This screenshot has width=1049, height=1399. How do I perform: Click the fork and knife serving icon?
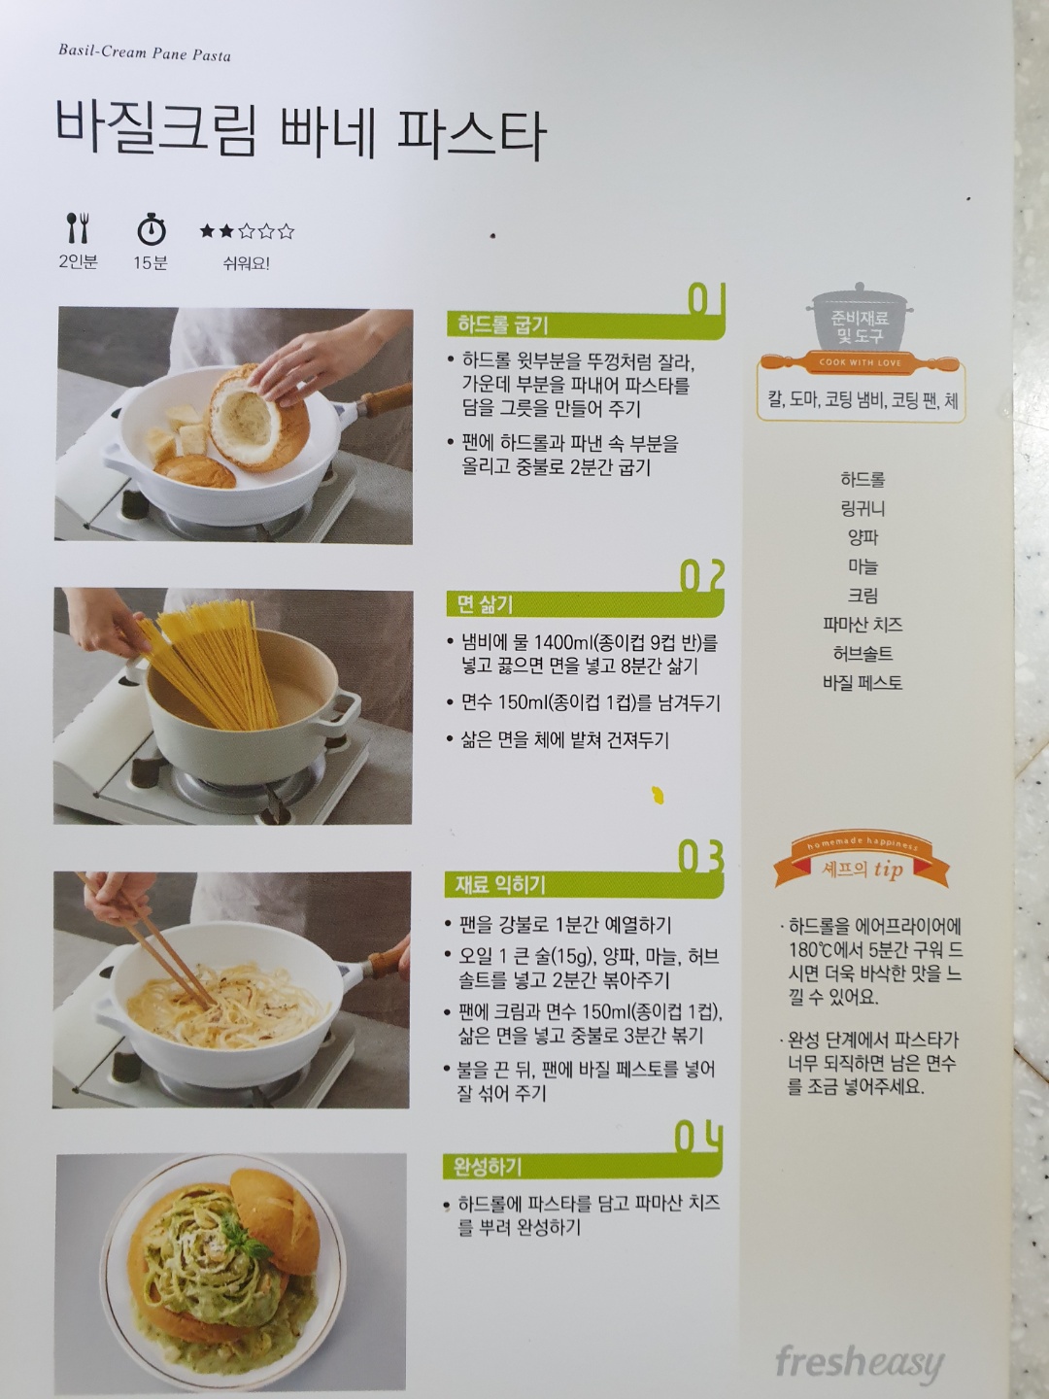79,227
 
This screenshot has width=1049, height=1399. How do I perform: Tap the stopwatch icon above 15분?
152,229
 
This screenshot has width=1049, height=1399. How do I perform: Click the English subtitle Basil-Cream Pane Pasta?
145,52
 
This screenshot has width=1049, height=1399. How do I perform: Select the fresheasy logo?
860,1362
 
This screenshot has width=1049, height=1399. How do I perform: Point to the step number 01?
707,299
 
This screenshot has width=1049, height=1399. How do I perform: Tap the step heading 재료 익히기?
500,885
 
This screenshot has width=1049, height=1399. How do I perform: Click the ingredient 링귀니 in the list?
863,508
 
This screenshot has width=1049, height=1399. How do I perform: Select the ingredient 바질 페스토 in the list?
863,683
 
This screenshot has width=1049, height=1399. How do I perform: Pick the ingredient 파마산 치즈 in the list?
863,624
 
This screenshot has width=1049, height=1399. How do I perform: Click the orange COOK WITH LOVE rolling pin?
861,362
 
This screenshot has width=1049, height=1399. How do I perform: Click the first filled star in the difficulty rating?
207,230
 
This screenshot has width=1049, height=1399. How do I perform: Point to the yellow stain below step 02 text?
658,794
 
